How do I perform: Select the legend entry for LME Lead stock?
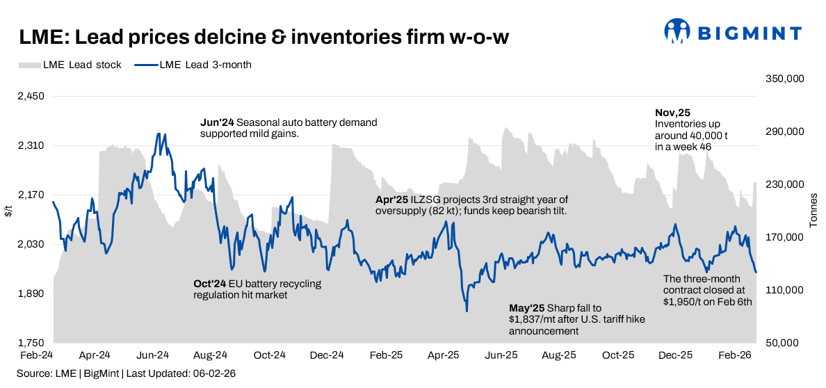click(x=70, y=65)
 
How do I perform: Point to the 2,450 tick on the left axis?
click(x=31, y=97)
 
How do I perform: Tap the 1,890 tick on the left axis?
click(x=31, y=294)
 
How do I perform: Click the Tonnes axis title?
click(x=813, y=211)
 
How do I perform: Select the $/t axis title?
click(x=8, y=211)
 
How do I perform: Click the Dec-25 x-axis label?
click(x=675, y=355)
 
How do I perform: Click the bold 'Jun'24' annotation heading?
click(x=217, y=122)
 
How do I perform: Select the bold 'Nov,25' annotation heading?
click(x=672, y=113)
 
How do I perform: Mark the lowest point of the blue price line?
click(x=467, y=311)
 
